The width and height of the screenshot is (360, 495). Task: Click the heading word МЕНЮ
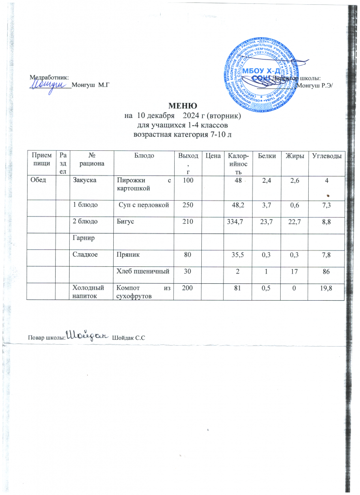pos(182,106)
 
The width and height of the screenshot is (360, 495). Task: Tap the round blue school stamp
pos(260,71)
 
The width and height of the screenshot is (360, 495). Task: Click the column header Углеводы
pos(328,155)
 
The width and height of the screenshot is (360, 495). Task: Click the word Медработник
pos(49,77)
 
